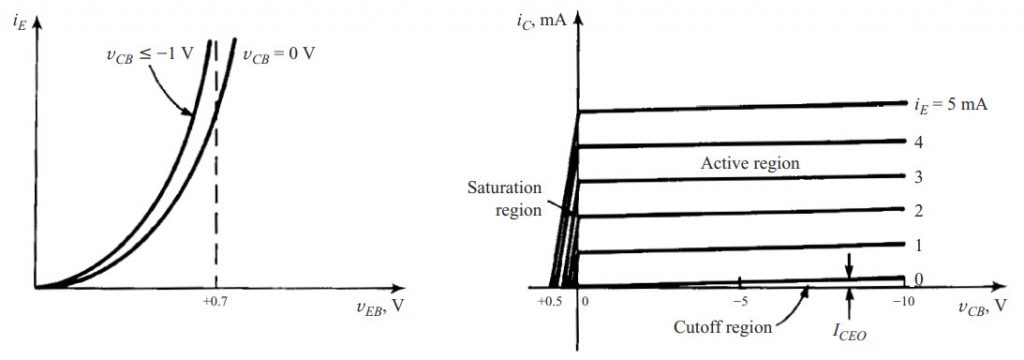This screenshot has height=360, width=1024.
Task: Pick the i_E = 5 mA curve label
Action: pyautogui.click(x=950, y=102)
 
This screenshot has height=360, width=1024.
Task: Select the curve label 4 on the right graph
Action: pyautogui.click(x=917, y=141)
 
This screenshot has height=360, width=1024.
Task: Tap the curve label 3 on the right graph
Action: pyautogui.click(x=917, y=176)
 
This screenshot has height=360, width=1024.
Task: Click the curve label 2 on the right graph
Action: pyautogui.click(x=917, y=210)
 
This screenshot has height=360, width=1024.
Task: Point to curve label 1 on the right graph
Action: pyautogui.click(x=917, y=244)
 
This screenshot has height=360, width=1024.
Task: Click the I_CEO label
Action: pyautogui.click(x=850, y=325)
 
